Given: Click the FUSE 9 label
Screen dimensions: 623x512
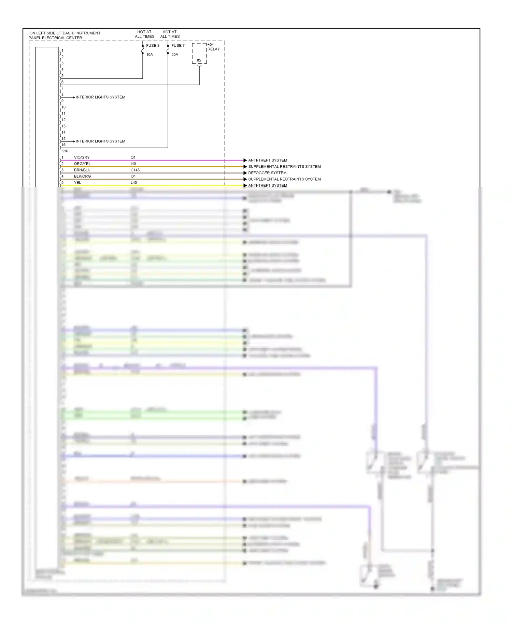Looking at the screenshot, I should pyautogui.click(x=153, y=46).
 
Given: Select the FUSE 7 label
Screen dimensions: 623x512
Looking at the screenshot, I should pyautogui.click(x=178, y=46).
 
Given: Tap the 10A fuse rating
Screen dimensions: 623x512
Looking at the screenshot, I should pyautogui.click(x=150, y=55).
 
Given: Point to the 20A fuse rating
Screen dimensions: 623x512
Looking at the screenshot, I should pyautogui.click(x=175, y=55).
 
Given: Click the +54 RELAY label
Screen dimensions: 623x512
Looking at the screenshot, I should pyautogui.click(x=213, y=47).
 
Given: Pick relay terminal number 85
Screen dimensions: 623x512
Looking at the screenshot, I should pyautogui.click(x=199, y=60).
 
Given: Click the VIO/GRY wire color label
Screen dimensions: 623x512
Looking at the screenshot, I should pyautogui.click(x=82, y=157).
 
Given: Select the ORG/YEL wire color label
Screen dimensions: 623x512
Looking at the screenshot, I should pyautogui.click(x=82, y=164).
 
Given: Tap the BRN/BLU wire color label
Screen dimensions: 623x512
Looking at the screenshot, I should pyautogui.click(x=82, y=170).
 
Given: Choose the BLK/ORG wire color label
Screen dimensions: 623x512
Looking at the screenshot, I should pyautogui.click(x=82, y=177).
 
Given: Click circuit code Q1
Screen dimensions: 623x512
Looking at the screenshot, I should pyautogui.click(x=133, y=157).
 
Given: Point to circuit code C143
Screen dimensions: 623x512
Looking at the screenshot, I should pyautogui.click(x=135, y=170).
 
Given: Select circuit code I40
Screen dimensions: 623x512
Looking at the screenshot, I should pyautogui.click(x=133, y=164).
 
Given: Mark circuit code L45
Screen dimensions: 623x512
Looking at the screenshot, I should pyautogui.click(x=134, y=183).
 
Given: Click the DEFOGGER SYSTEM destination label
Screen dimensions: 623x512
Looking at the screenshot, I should pyautogui.click(x=267, y=173).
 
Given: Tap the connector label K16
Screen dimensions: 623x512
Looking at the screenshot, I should pyautogui.click(x=65, y=151).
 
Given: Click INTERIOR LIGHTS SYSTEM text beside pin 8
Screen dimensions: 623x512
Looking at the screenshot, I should pyautogui.click(x=100, y=97).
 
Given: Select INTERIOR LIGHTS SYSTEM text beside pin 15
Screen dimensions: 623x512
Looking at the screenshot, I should pyautogui.click(x=100, y=141).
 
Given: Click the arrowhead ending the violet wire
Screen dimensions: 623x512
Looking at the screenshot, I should pyautogui.click(x=245, y=160).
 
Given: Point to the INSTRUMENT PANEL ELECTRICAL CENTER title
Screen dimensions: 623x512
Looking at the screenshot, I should pyautogui.click(x=64, y=35).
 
